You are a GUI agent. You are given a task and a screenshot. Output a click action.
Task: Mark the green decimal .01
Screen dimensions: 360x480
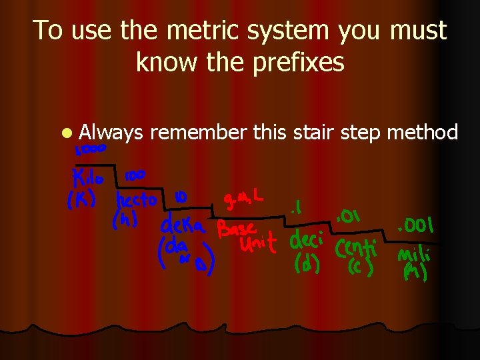click(x=349, y=216)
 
